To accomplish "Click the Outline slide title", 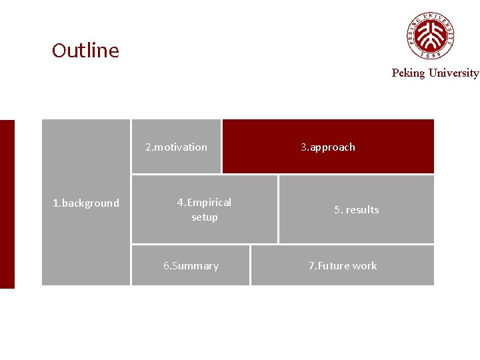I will (85, 51).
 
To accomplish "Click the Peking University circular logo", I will (431, 35).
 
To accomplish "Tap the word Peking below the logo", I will (407, 73).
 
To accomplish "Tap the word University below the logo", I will (453, 73).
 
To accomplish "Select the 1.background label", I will (86, 203).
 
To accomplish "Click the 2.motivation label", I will (176, 147).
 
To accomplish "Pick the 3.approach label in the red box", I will (327, 147).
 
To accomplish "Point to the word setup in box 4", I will (204, 217).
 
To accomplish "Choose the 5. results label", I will (356, 210).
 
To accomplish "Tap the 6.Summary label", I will (191, 266).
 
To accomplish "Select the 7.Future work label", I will (342, 266).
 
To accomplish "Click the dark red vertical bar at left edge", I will (7, 204).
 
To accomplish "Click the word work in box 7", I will (365, 266).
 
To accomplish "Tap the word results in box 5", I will (362, 210).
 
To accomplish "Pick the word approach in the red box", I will (332, 147).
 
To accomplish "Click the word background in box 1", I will (90, 203).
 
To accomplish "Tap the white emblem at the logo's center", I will (431, 34).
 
